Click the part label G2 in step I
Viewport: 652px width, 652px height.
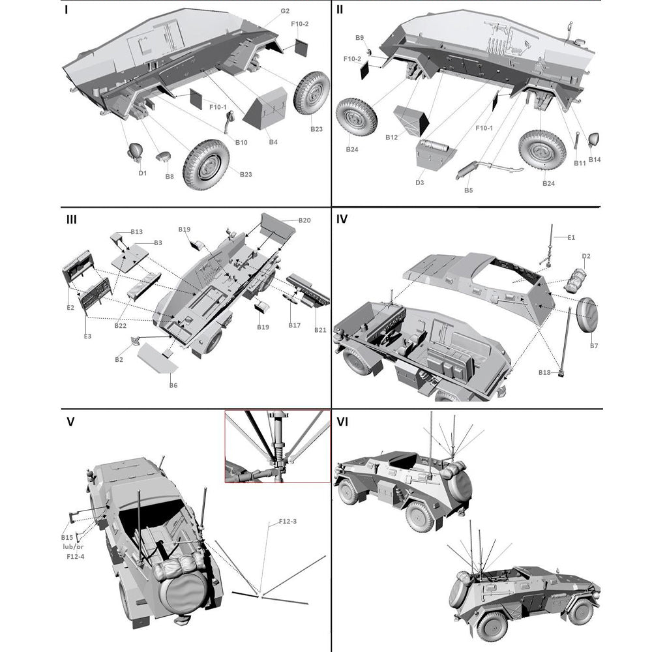pyautogui.click(x=285, y=11)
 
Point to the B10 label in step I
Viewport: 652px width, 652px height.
pyautogui.click(x=241, y=141)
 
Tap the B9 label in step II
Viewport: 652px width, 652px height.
pyautogui.click(x=359, y=38)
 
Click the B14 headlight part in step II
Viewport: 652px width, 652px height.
pyautogui.click(x=595, y=140)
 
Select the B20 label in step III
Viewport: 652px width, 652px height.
pyautogui.click(x=304, y=220)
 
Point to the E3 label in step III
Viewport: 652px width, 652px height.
pyautogui.click(x=87, y=336)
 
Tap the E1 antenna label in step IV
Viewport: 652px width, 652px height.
pyautogui.click(x=571, y=237)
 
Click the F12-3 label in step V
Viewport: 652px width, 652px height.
pyautogui.click(x=288, y=521)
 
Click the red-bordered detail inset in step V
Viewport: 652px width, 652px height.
pyautogui.click(x=277, y=447)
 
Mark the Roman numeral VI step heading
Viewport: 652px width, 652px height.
pyautogui.click(x=343, y=422)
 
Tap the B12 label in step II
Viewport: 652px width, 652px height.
pyautogui.click(x=392, y=138)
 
